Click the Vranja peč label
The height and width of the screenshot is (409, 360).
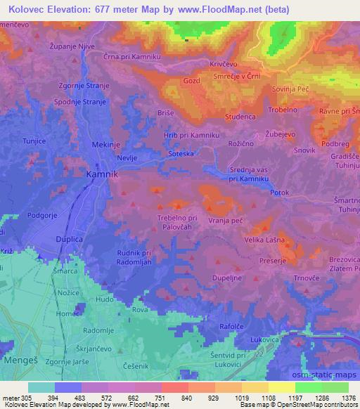coord(225,220)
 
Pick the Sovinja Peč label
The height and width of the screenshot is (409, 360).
coord(291,90)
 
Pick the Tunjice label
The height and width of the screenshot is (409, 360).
coord(33,141)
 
